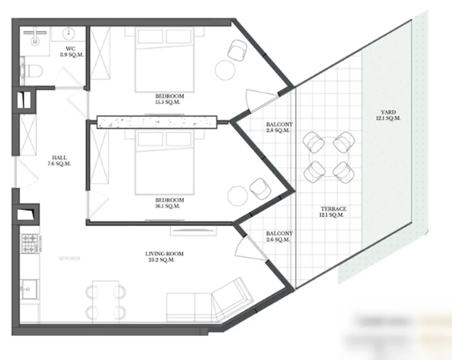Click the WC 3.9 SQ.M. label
(72, 52)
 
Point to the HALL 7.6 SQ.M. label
(60, 160)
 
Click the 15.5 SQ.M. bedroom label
(169, 99)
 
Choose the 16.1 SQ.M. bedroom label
(170, 203)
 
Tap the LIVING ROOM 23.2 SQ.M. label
(164, 257)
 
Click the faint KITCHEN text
(70, 258)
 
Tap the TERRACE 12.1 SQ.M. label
(331, 212)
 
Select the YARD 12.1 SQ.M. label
(388, 115)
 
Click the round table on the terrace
(329, 157)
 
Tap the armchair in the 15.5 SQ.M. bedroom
(238, 49)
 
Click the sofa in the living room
(207, 303)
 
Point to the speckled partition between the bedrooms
(157, 122)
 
